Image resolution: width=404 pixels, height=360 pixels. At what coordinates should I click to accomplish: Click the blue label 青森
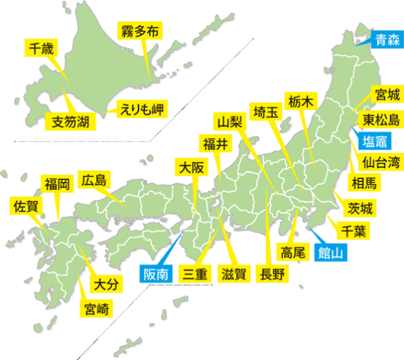coord(386,39)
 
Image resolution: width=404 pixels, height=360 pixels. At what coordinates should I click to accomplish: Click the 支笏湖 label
coord(70,122)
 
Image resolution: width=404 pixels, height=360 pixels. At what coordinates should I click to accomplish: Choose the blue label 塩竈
coord(377,141)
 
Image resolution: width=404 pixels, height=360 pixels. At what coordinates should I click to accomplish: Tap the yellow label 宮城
coord(387,96)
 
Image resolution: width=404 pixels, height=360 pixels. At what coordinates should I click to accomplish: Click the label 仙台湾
coord(381,163)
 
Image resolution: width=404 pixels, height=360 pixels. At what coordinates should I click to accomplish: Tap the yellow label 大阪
coord(191,168)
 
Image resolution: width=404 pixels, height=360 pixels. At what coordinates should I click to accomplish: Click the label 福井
coord(215,144)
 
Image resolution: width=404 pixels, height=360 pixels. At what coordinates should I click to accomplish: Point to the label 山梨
coord(229,121)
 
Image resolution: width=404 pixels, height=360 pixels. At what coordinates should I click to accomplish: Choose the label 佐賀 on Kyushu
coord(25,207)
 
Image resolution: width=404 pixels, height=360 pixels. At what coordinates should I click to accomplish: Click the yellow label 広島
coord(93,180)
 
